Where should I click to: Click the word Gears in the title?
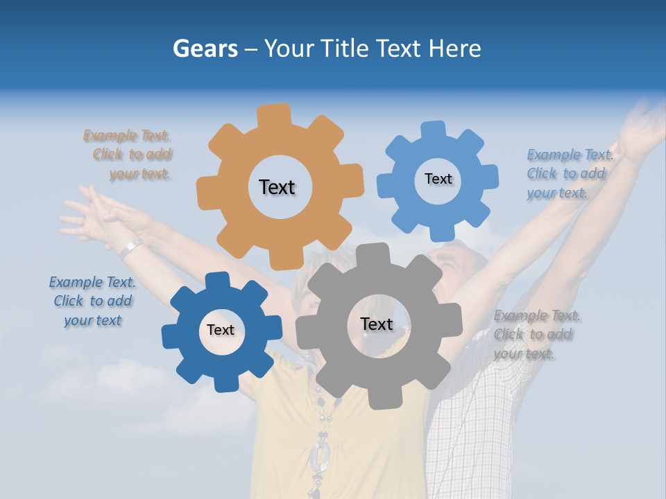205,49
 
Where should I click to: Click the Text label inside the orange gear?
277,187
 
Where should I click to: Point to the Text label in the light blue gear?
438,179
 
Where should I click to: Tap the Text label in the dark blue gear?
221,330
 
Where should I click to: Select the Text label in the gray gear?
377,324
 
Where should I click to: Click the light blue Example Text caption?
568,173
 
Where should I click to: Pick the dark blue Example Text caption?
93,301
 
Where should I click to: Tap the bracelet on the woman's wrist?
129,247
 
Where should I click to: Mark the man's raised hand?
642,125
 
